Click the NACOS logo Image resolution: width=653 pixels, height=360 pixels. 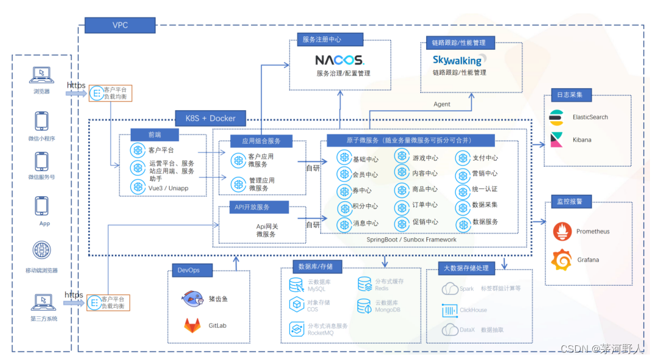coord(339,60)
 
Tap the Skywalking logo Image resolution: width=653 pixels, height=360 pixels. coord(457,60)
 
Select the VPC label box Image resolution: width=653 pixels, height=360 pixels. coord(120,25)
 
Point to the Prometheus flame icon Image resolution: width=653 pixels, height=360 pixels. coord(562,232)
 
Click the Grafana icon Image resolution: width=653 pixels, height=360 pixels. coord(562,260)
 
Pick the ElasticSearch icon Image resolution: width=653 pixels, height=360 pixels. coord(556,117)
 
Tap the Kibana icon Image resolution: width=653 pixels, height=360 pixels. coord(556,139)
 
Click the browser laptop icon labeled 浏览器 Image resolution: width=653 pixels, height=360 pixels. coord(41,75)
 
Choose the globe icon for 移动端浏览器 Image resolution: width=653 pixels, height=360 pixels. coord(41,250)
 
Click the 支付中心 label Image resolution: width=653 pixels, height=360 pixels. coord(485,157)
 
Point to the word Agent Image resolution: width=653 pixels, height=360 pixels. coord(441,104)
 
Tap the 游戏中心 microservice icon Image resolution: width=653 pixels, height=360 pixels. coord(402,157)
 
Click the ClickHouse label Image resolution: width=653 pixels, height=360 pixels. coord(473,310)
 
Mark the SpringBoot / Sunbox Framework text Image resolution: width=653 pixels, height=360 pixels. coord(411,240)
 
